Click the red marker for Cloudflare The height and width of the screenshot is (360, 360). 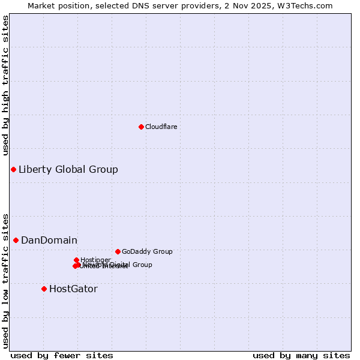coord(141,127)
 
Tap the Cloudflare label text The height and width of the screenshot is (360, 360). coord(161,127)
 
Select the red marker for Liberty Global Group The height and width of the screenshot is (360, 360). coord(13,169)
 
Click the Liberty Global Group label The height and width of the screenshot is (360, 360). coord(68,169)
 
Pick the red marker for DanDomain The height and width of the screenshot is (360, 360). coord(16,240)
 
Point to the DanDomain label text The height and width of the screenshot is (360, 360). coord(49,240)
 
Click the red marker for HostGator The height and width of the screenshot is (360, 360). coord(44,289)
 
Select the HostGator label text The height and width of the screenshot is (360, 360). coord(73,289)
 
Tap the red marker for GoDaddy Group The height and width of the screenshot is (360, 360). coord(118,251)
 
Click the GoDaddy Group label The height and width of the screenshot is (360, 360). coord(147,251)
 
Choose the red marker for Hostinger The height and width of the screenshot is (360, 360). coord(76,260)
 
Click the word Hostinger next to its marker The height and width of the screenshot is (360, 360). coord(96,260)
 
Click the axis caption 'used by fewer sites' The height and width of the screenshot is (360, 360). coord(62,355)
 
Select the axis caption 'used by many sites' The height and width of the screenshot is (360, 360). coord(301,355)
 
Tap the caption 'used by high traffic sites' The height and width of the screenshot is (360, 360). coord(5,85)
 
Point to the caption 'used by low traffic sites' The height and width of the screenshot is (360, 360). coord(5,281)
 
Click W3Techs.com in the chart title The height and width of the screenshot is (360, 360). coord(309,5)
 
